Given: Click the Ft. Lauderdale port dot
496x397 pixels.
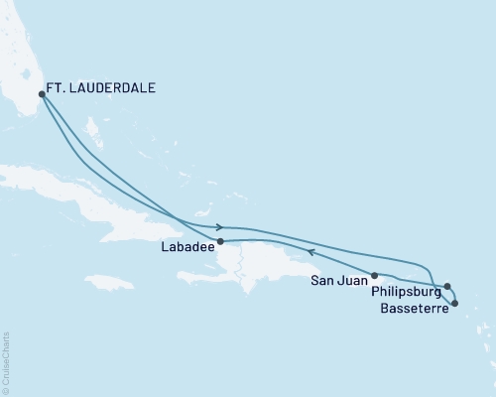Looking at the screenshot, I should coord(41,95).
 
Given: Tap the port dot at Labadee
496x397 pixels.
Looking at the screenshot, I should coord(220,241).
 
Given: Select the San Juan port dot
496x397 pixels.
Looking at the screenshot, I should coord(374,275).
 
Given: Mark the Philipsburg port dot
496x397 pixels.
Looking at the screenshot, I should coord(446,286).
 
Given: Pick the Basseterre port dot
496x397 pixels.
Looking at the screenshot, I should coord(453,290).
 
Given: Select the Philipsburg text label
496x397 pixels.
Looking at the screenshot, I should coord(406,293).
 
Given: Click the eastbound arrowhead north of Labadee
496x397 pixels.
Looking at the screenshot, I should coord(217,227).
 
